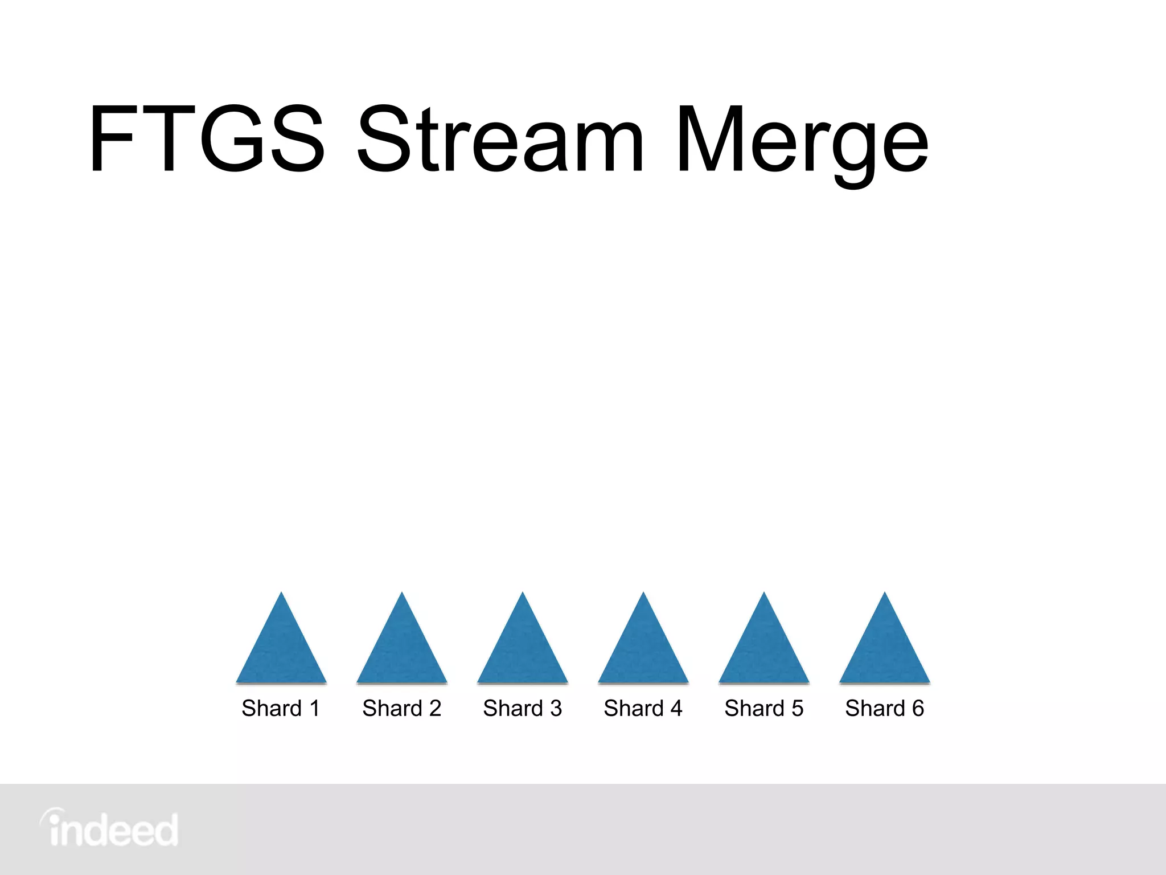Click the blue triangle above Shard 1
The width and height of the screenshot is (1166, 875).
pyautogui.click(x=281, y=649)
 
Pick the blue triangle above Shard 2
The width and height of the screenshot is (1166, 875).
pyautogui.click(x=402, y=649)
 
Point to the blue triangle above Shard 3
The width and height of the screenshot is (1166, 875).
pyautogui.click(x=523, y=649)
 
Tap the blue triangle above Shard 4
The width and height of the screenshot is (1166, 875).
pyautogui.click(x=643, y=649)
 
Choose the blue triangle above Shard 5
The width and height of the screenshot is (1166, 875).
pyautogui.click(x=764, y=649)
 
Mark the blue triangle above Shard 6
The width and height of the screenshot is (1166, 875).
pyautogui.click(x=885, y=649)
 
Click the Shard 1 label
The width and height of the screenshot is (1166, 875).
pyautogui.click(x=281, y=708)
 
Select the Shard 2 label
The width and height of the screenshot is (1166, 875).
pyautogui.click(x=402, y=708)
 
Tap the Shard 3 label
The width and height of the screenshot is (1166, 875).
pyautogui.click(x=523, y=708)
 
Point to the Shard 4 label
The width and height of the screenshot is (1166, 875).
pyautogui.click(x=643, y=708)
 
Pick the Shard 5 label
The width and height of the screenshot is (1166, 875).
pyautogui.click(x=764, y=708)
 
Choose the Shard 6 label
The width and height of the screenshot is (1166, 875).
pyautogui.click(x=885, y=708)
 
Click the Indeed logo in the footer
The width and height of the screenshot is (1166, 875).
pyautogui.click(x=109, y=828)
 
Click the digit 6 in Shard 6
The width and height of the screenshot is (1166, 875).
pyautogui.click(x=918, y=708)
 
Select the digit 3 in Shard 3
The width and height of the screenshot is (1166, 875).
pyautogui.click(x=556, y=708)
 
